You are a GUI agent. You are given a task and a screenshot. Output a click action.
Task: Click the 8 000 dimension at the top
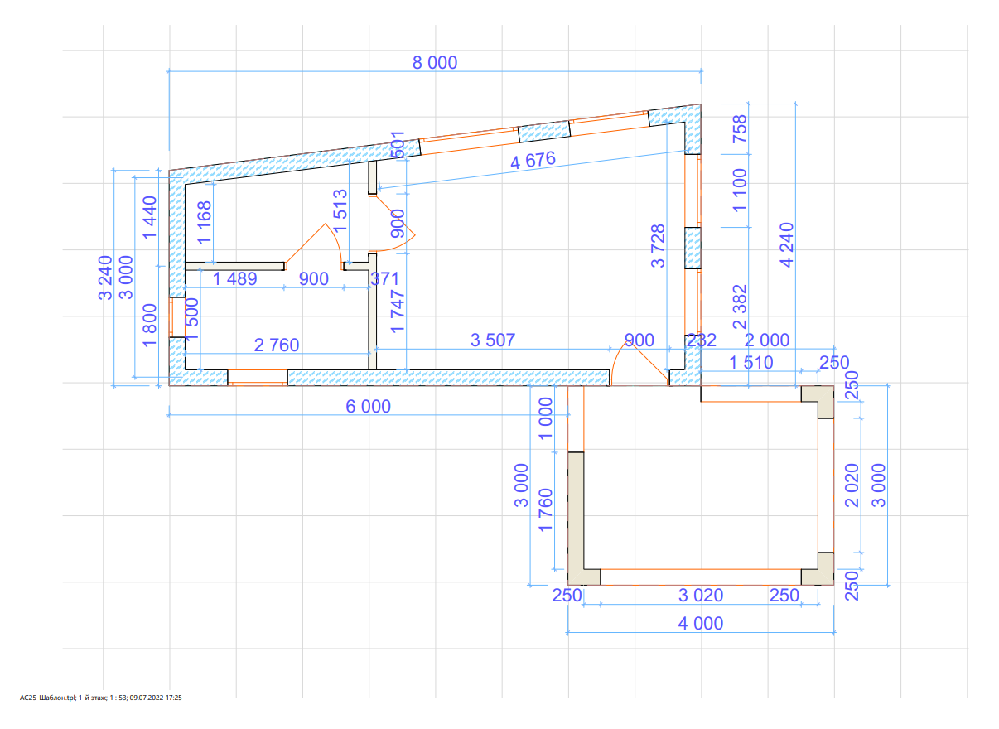[435, 62]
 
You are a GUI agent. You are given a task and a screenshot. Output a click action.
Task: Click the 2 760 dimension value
[276, 345]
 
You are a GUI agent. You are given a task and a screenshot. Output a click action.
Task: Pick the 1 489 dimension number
[235, 279]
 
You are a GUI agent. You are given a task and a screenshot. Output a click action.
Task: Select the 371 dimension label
[384, 279]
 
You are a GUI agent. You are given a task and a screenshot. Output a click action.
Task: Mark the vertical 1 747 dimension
[397, 312]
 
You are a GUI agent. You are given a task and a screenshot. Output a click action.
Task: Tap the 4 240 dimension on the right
[786, 244]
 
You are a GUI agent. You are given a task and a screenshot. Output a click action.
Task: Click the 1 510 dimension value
[750, 362]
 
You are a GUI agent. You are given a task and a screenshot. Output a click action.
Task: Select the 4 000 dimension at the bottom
[700, 623]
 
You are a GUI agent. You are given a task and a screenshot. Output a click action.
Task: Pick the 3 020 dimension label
[701, 595]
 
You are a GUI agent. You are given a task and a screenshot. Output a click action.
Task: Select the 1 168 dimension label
[204, 222]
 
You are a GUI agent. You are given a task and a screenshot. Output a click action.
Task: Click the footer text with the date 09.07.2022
[100, 698]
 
